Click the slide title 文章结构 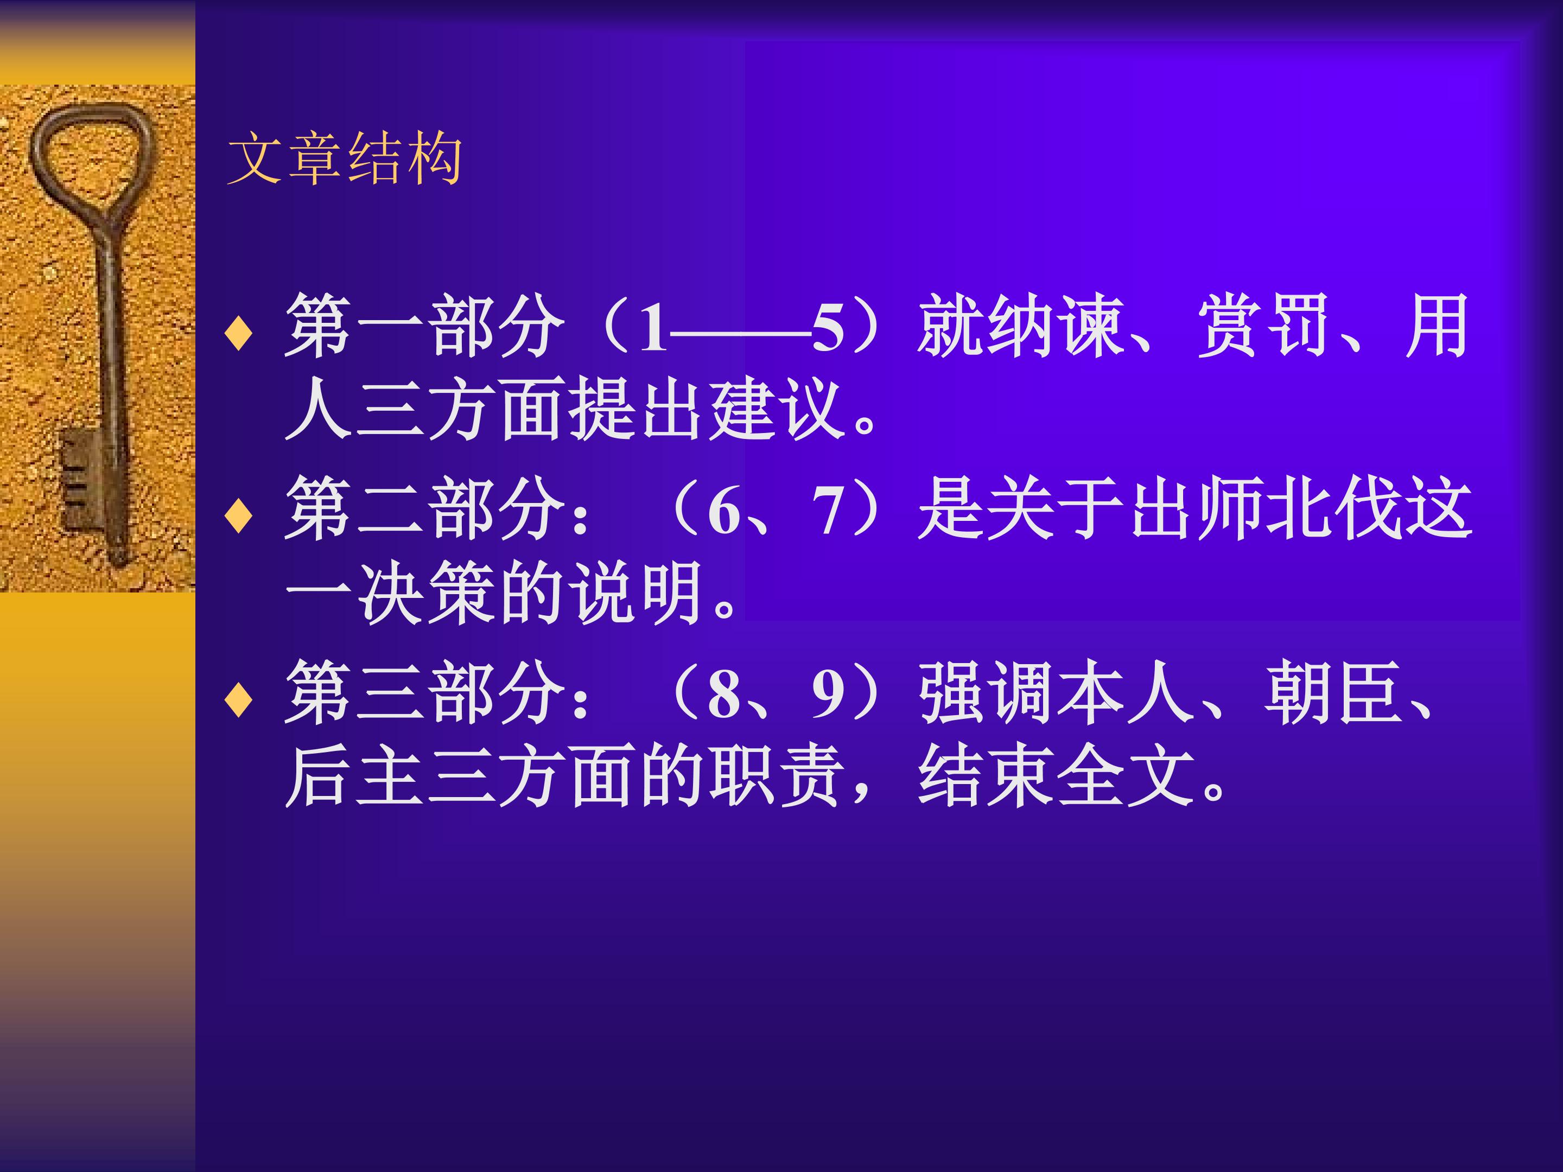tap(345, 158)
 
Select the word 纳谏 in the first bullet tap(1056, 327)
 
